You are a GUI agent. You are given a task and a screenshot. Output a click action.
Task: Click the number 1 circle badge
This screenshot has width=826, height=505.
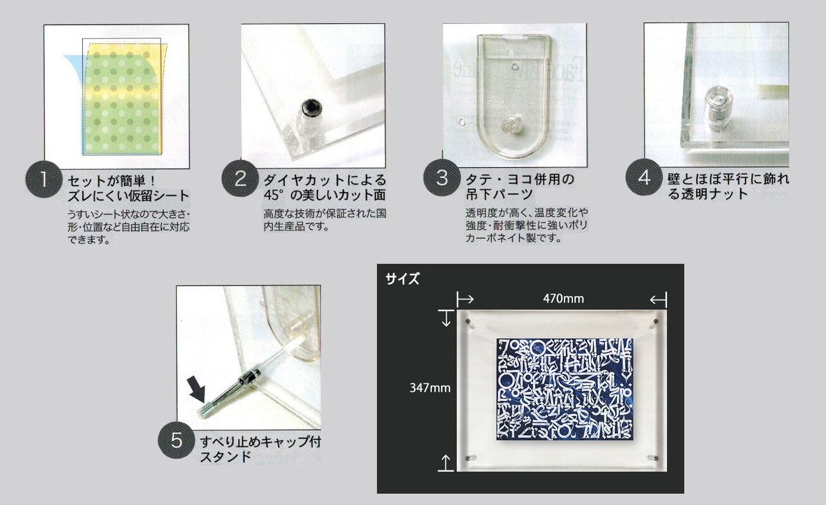[x=44, y=179]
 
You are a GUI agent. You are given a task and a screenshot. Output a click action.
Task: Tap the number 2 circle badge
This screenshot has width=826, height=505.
[x=240, y=179]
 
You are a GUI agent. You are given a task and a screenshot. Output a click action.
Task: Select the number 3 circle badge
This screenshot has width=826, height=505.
[x=442, y=177]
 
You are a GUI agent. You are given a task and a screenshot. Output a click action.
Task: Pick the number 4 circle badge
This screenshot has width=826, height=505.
[x=644, y=177]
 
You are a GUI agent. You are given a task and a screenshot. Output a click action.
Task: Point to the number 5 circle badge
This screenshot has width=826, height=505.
[x=176, y=440]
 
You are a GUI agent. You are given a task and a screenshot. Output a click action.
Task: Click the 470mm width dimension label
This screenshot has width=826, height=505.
[x=563, y=298]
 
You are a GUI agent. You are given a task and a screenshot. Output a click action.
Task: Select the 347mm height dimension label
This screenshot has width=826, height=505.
[x=430, y=388]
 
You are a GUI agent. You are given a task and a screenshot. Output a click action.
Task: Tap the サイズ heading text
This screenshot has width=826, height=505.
[x=403, y=279]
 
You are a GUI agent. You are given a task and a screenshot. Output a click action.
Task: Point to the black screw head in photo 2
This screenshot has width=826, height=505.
[x=311, y=107]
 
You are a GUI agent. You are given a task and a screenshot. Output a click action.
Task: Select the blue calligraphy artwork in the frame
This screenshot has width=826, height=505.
[x=565, y=389]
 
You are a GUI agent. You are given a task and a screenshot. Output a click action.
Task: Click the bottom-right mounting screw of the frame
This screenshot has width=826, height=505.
[x=654, y=458]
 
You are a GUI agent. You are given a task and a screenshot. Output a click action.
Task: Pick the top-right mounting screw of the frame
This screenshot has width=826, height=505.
[x=655, y=323]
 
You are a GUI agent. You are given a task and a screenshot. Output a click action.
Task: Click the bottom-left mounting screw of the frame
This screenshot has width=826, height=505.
[x=469, y=458]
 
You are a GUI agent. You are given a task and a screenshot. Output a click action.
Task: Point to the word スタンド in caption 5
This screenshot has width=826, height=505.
[x=225, y=457]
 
